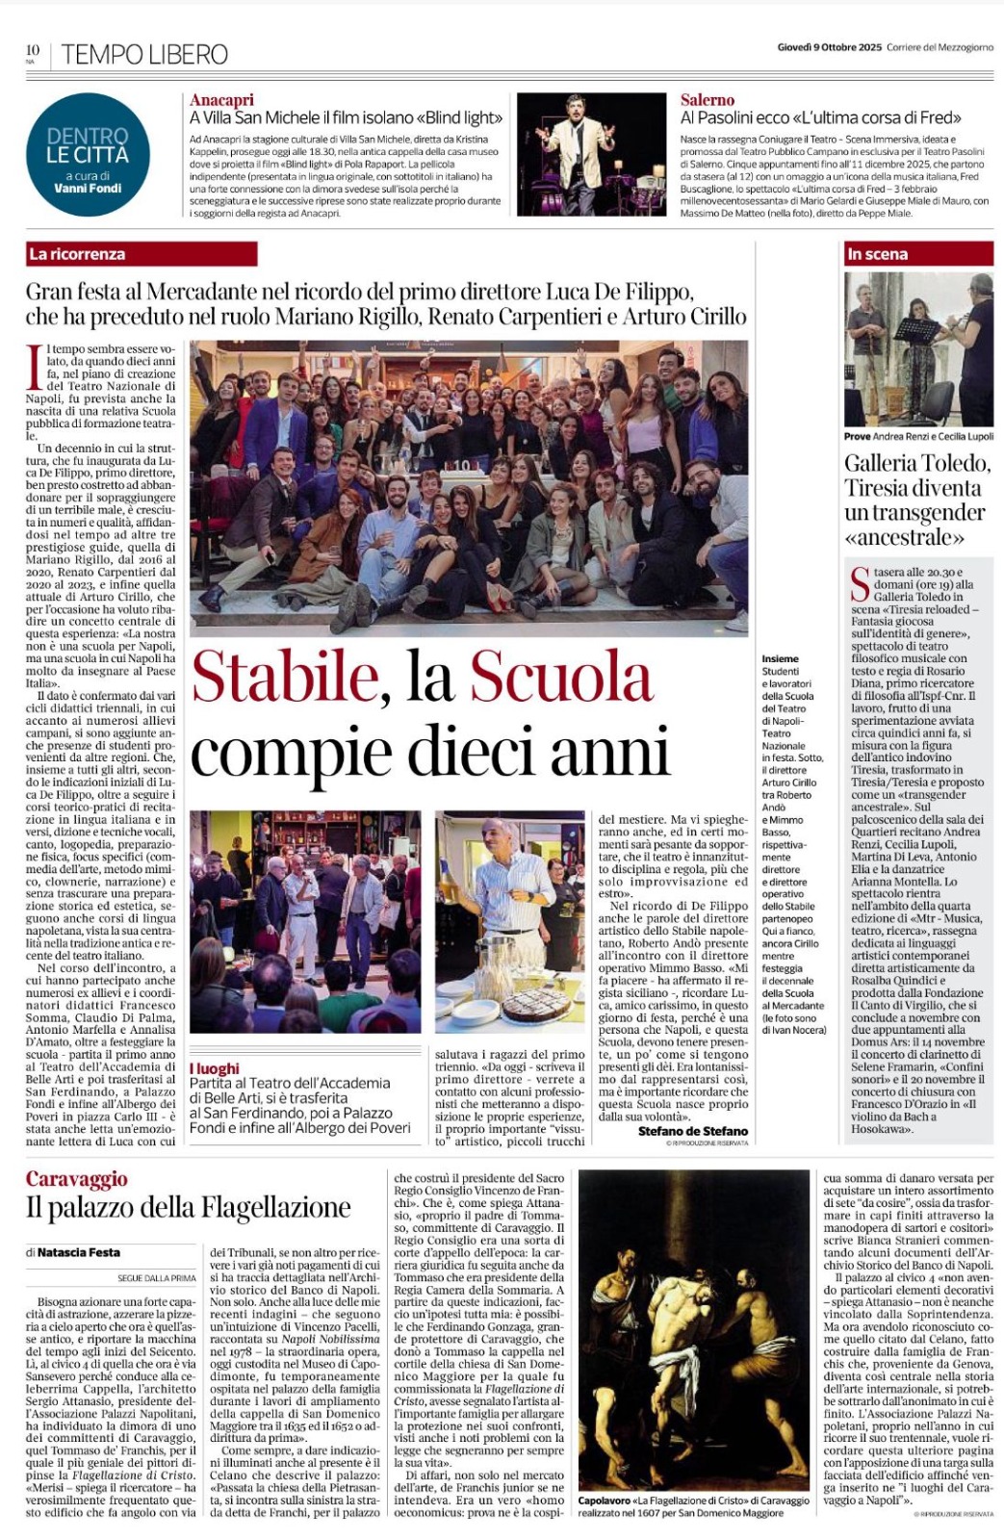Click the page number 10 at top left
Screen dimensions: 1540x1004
point(32,49)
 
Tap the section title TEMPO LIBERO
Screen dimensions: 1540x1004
point(144,55)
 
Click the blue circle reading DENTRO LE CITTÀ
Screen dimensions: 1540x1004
point(88,154)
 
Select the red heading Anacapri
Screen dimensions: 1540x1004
point(221,100)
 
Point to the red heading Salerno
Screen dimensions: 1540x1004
point(707,100)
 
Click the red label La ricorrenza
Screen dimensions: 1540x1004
point(78,254)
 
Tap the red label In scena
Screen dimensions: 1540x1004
point(877,254)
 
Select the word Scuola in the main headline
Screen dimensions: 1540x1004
point(561,677)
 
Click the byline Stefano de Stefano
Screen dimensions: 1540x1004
point(692,1131)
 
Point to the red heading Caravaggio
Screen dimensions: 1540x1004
point(76,1179)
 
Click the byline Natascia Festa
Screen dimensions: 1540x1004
point(65,1252)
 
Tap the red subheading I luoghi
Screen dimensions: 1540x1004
point(214,1068)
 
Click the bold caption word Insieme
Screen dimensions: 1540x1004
point(780,659)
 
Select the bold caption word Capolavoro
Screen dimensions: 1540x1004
point(605,1501)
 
